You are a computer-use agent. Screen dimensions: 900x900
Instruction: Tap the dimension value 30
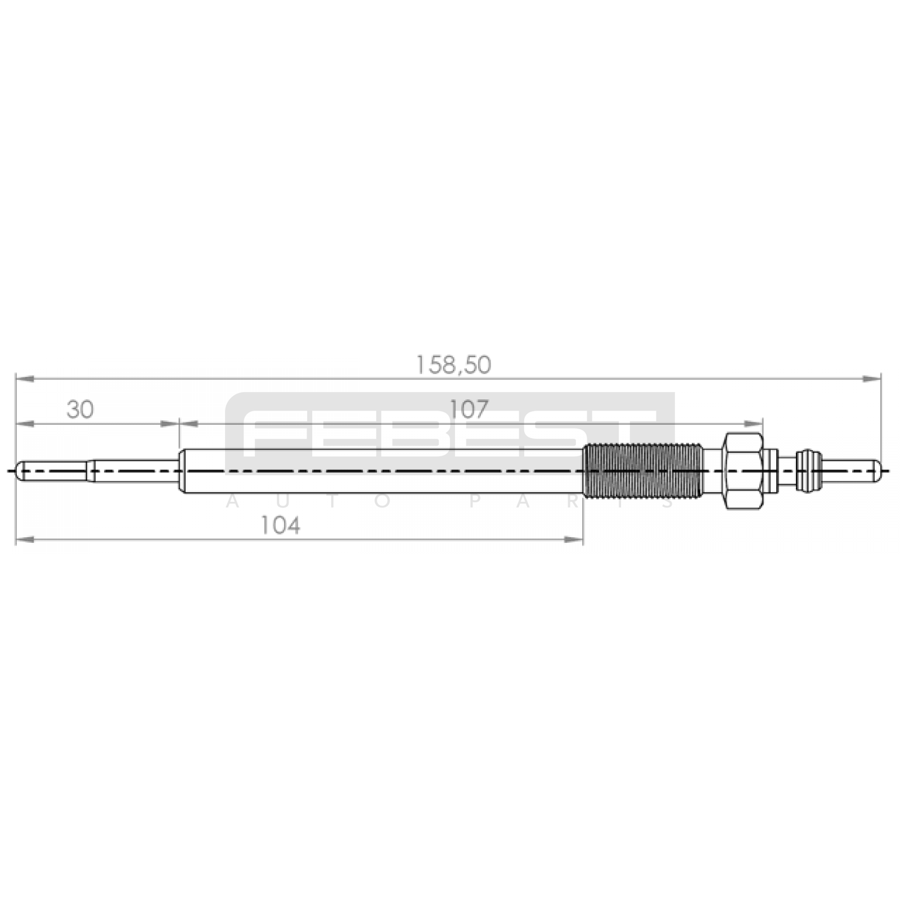(x=80, y=410)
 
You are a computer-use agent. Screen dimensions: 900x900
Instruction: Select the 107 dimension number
(x=469, y=409)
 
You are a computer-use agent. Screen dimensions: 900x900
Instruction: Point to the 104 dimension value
(x=280, y=526)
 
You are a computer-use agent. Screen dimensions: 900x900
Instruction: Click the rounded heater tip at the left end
(x=22, y=470)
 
